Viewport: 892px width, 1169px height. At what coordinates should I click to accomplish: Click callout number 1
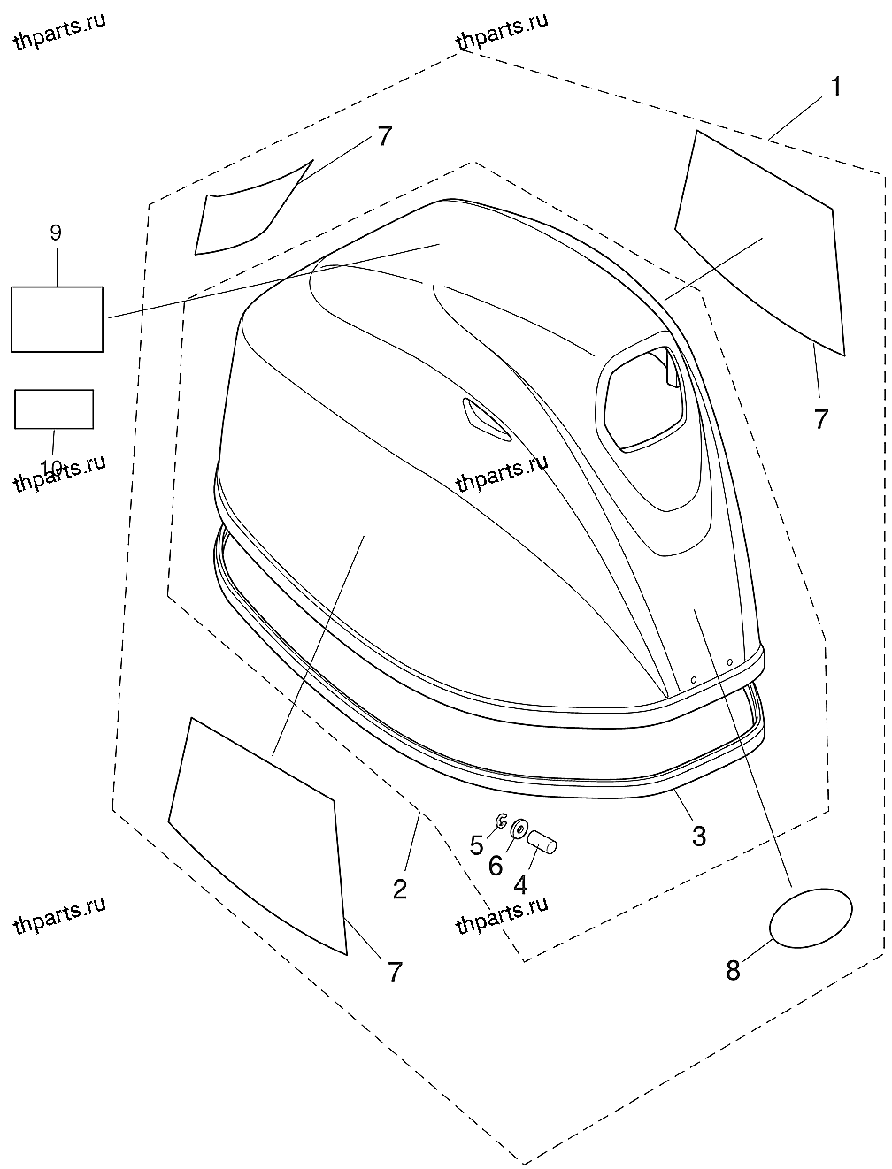[x=834, y=88]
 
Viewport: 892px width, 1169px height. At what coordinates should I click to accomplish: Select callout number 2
[x=400, y=889]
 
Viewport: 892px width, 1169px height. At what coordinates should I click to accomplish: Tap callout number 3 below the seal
[x=699, y=836]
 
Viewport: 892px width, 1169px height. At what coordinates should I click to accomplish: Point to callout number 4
[x=520, y=883]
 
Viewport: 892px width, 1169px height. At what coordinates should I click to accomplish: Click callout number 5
[x=477, y=845]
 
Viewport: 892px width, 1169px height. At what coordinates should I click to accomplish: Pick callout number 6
[x=496, y=866]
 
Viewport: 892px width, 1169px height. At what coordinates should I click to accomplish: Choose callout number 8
[x=733, y=970]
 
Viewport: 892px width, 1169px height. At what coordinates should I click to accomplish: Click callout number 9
[x=55, y=233]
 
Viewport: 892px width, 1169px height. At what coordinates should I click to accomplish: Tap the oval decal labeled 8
[x=812, y=919]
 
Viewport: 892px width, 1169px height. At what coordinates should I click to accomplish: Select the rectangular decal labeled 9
[x=57, y=319]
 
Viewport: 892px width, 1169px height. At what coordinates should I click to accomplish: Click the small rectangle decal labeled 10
[x=54, y=409]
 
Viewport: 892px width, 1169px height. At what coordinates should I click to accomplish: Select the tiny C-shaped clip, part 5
[x=501, y=821]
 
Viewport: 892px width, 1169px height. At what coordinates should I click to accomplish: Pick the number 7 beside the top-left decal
[x=383, y=137]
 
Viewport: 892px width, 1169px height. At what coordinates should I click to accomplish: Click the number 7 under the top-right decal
[x=821, y=419]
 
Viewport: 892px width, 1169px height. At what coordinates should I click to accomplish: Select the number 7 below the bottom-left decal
[x=395, y=972]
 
